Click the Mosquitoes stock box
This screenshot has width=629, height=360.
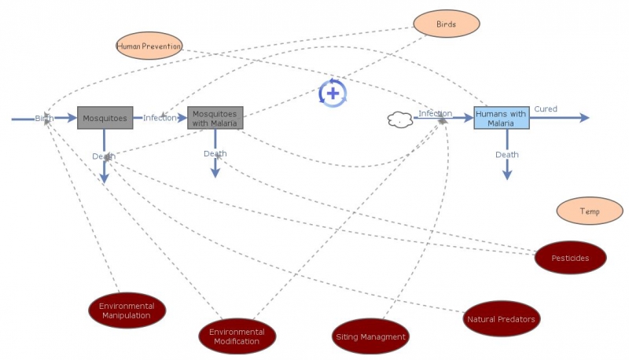pos(105,118)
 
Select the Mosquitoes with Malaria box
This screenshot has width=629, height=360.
pos(215,118)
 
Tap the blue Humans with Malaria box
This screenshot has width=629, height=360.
pos(501,118)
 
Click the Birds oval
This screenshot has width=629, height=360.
pos(447,24)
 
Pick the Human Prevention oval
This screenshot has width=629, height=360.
pos(149,46)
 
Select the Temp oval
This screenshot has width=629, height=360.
pos(590,211)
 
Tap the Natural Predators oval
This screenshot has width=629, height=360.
pos(501,318)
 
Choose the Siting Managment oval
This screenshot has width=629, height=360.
pos(371,336)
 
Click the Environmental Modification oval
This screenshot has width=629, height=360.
pos(237,336)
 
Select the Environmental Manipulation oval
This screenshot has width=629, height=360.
pos(127,311)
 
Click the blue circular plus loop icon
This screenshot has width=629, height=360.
pos(333,93)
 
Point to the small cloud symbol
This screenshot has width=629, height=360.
pos(400,120)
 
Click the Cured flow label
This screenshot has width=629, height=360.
pos(546,108)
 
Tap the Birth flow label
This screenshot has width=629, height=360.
pos(43,118)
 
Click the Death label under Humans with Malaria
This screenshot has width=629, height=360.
pos(507,155)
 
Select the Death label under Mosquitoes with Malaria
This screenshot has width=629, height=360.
pos(215,153)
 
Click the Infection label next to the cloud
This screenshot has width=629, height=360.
pos(435,113)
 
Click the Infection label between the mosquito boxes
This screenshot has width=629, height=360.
pos(160,118)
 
